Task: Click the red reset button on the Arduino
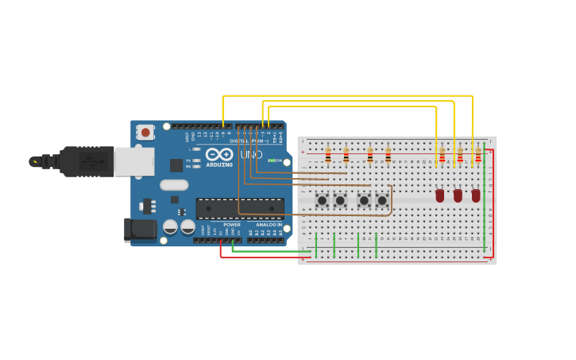145,132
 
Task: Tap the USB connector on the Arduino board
133,161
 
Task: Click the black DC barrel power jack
140,230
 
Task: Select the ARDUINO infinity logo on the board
218,155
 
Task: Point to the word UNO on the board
251,154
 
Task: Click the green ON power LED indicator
272,161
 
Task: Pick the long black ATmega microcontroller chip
240,208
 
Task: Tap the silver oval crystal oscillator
174,185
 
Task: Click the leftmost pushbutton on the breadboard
322,200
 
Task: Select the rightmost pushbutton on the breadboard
381,200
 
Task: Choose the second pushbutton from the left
341,200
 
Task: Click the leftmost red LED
439,195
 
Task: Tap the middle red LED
458,195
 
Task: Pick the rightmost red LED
476,195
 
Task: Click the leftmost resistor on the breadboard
328,155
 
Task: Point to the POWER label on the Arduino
232,225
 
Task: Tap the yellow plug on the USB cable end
35,161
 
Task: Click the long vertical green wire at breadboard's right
485,199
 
